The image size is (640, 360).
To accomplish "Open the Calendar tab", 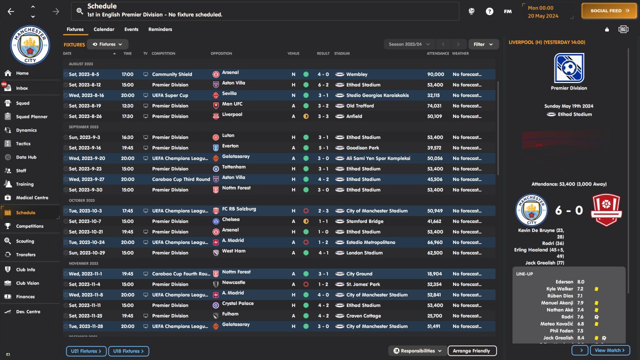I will [x=103, y=29].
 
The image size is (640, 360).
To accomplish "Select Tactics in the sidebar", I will [x=23, y=143].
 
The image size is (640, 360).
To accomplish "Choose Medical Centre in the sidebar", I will [x=32, y=197].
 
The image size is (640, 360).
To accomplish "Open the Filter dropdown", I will [x=483, y=44].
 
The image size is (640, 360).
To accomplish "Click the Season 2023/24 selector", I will [x=409, y=44].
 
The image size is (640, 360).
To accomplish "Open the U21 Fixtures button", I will [x=86, y=351].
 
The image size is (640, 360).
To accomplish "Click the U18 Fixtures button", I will [x=128, y=351].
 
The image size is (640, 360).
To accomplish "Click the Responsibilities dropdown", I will [x=417, y=351].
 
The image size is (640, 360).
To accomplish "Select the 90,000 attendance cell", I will [x=435, y=74].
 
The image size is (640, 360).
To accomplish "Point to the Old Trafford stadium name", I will [x=360, y=106].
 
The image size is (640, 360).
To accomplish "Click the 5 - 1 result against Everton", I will [x=322, y=148].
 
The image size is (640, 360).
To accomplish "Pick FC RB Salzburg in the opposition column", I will [x=238, y=209].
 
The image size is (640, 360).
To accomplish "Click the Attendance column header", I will [x=437, y=53].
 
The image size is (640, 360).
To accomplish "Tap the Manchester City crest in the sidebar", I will [x=30, y=45].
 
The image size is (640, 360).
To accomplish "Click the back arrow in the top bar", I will [x=11, y=11].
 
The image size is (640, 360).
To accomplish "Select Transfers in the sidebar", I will [x=25, y=254].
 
